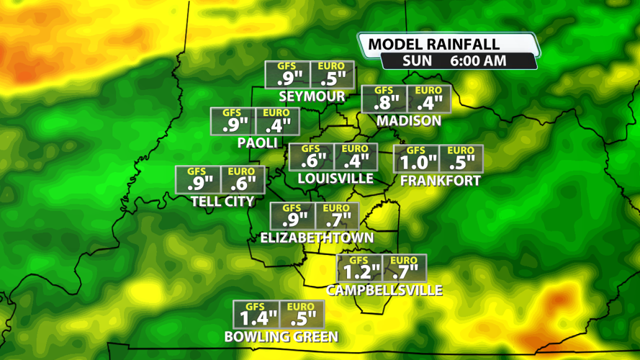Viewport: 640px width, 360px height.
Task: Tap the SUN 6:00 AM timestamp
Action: tap(455, 61)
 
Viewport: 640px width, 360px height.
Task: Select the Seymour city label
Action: tap(312, 96)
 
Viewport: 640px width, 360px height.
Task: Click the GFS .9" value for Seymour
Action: tap(287, 78)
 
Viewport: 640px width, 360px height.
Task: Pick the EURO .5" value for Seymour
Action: tap(332, 78)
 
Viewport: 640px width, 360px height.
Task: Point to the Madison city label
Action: tap(408, 120)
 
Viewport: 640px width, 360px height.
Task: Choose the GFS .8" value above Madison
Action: tap(384, 102)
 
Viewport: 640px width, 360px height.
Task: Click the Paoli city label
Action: tap(258, 143)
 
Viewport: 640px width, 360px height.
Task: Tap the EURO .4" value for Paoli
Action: tap(276, 124)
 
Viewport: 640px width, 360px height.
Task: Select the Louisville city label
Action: tap(335, 178)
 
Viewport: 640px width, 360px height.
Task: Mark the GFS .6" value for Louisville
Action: tap(311, 160)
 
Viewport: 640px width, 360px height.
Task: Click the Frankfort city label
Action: tap(440, 180)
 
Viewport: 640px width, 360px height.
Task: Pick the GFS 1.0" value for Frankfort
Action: tap(417, 161)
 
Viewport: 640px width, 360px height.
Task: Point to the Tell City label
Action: tap(222, 202)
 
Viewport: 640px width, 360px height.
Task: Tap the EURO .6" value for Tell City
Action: tap(243, 183)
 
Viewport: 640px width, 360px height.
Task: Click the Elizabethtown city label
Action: tap(317, 238)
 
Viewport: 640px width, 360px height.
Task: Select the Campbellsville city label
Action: tap(384, 290)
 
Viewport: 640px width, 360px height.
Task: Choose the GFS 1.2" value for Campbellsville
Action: tap(359, 271)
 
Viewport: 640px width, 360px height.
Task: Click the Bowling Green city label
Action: tap(281, 336)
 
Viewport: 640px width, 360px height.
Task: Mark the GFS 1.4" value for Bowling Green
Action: tap(256, 318)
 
